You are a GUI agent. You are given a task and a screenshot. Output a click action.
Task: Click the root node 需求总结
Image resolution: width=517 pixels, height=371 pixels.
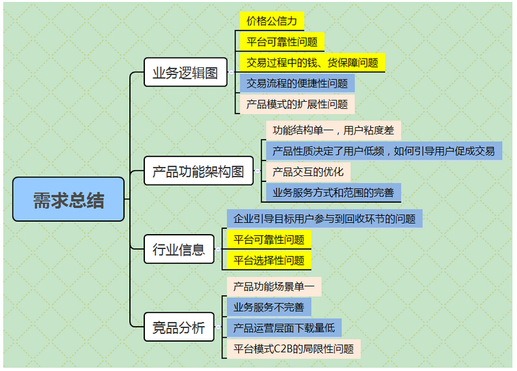point(69,199)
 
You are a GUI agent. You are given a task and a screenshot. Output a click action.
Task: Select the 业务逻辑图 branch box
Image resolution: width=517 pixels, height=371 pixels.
point(185,72)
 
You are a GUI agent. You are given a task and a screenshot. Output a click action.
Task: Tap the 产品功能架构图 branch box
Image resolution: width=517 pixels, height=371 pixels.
point(198,171)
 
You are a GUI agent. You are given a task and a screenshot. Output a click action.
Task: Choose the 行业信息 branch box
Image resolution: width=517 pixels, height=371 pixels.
point(179,249)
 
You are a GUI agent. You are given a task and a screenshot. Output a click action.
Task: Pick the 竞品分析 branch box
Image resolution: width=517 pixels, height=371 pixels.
point(179,327)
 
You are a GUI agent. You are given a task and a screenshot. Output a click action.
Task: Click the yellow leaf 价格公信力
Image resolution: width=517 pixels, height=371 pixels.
point(272,21)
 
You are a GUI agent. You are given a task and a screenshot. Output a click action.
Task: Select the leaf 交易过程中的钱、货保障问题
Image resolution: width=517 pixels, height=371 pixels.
point(312,63)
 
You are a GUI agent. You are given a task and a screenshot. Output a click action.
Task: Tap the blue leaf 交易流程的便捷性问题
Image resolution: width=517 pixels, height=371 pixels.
point(297,83)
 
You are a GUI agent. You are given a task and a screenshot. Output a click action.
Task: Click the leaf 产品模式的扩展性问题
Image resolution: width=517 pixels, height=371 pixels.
point(297,104)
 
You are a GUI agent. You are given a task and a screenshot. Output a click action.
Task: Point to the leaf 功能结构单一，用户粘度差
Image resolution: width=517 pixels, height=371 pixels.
point(334,130)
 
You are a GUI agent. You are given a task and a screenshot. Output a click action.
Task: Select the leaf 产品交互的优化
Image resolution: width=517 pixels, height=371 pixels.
point(308,171)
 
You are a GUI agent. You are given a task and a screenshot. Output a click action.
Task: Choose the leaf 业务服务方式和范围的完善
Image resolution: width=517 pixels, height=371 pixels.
point(334,192)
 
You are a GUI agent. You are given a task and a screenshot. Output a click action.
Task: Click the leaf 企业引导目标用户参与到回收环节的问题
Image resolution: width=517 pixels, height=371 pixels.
point(324,218)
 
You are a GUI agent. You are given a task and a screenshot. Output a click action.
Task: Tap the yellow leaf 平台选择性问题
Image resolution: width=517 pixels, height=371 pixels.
point(269,260)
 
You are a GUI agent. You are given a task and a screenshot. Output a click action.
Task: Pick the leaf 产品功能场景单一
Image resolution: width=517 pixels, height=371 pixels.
point(274,286)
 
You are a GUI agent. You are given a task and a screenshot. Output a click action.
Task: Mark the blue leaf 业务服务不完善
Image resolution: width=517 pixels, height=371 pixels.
point(269,307)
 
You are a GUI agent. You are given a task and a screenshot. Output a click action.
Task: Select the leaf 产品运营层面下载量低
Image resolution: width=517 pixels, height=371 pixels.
point(284,328)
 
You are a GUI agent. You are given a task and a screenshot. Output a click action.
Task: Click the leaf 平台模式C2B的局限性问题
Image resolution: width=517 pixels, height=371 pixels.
point(294,349)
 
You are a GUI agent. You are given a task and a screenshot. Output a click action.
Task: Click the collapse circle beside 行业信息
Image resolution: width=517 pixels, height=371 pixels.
point(218,249)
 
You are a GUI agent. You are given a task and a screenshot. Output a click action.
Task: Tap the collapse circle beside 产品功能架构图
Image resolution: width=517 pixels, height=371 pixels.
point(257,171)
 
